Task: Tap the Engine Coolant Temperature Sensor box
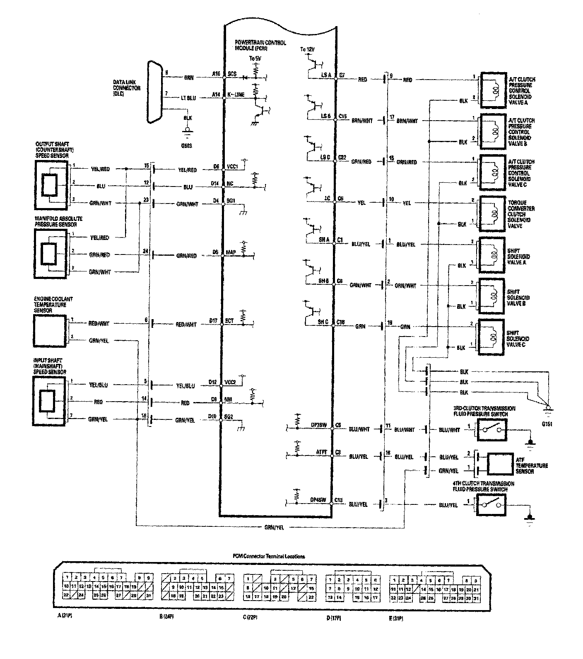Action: click(49, 331)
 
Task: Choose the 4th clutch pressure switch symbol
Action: click(491, 505)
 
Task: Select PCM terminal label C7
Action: click(342, 75)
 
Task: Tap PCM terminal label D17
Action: click(214, 320)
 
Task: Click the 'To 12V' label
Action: click(308, 50)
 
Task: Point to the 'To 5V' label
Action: click(255, 59)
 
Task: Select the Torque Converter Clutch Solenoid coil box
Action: click(491, 212)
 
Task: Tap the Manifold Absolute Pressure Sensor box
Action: click(50, 254)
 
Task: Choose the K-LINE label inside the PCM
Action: click(236, 94)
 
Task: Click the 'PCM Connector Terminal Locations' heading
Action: click(269, 556)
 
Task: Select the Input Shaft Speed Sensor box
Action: click(49, 402)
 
